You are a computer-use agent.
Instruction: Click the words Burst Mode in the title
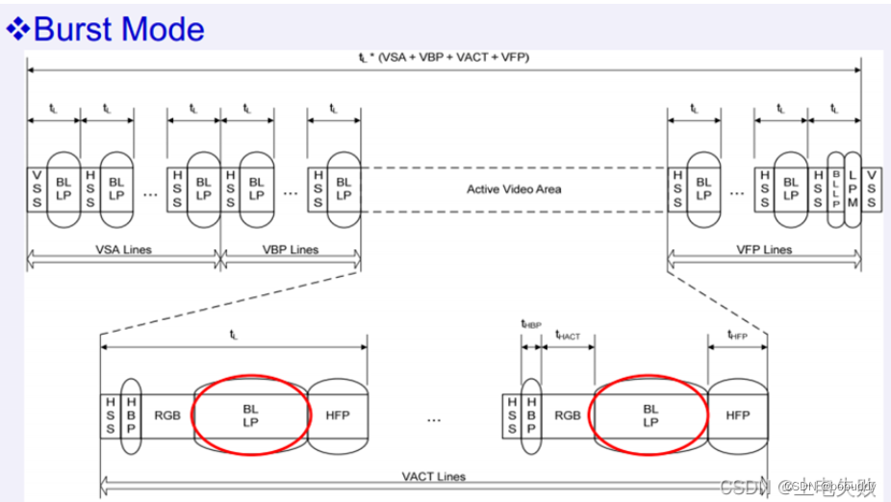coord(119,29)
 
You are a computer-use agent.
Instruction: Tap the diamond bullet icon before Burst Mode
coord(18,29)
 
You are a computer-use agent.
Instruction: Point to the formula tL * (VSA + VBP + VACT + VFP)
coord(444,57)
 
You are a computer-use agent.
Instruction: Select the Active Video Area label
coord(514,188)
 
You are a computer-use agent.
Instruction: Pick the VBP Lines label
coord(292,250)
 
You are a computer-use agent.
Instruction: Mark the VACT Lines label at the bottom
coord(433,476)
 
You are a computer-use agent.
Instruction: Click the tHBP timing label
coord(530,325)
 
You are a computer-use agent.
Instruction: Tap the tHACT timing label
coord(568,334)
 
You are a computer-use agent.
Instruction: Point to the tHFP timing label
coord(738,334)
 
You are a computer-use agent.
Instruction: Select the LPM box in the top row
coord(852,188)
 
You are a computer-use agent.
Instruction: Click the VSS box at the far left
coord(37,188)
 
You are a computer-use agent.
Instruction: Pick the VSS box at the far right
coord(871,188)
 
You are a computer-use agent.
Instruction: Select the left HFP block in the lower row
coord(338,415)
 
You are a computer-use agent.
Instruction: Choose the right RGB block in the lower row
coord(568,415)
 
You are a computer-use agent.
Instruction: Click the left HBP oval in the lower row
coord(132,415)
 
